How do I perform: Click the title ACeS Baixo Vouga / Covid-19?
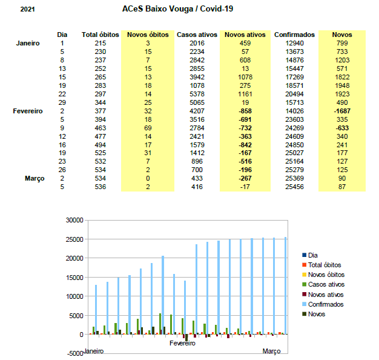point(177,9)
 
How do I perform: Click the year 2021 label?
point(28,10)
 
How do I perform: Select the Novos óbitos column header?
point(148,35)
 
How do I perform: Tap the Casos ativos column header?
point(197,35)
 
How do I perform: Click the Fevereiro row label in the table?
point(28,111)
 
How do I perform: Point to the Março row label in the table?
point(35,179)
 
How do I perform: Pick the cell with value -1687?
point(342,111)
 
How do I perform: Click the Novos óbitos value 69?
point(148,128)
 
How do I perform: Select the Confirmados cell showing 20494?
point(294,94)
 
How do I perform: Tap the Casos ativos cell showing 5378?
point(197,94)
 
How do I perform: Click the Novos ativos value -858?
point(245,111)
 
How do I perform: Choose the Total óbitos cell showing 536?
point(101,187)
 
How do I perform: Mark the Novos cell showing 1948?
point(342,85)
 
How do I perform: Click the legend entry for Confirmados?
point(323,304)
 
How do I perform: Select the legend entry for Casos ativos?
point(323,284)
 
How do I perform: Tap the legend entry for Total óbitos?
point(321,265)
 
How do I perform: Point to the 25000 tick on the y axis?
point(74,239)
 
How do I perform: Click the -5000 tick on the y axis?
point(75,353)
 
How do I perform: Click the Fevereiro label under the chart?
point(182,343)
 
